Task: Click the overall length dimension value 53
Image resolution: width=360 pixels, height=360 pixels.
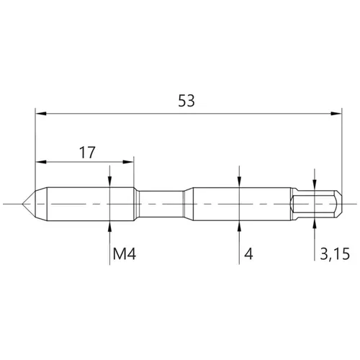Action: pyautogui.click(x=186, y=101)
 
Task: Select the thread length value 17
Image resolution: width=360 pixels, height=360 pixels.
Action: pyautogui.click(x=87, y=153)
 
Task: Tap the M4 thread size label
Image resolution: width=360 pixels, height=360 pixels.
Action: pyautogui.click(x=125, y=254)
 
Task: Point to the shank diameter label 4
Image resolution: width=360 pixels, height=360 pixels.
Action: pyautogui.click(x=248, y=254)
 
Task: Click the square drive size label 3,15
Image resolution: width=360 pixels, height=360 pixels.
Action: pyautogui.click(x=335, y=254)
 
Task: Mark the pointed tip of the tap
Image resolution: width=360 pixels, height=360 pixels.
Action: pyautogui.click(x=22, y=204)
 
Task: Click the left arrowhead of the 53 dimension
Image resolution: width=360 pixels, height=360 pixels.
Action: pyautogui.click(x=40, y=114)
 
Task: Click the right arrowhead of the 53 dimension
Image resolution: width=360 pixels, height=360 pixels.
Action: pyautogui.click(x=336, y=114)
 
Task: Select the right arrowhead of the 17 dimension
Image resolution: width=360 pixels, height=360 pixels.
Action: pyautogui.click(x=128, y=162)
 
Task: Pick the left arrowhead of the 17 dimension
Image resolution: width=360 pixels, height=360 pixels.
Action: pyautogui.click(x=41, y=162)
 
